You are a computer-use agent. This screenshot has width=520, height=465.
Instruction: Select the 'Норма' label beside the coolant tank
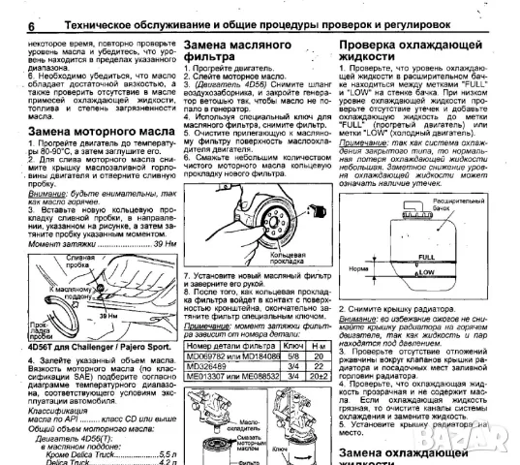(359, 267)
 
